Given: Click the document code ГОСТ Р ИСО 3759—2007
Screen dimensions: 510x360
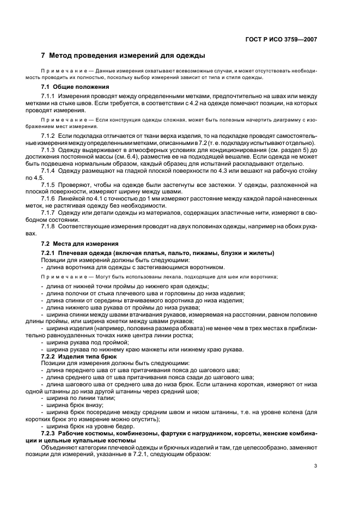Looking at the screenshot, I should point(285,39).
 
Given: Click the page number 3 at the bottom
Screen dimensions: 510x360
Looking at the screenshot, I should point(315,466).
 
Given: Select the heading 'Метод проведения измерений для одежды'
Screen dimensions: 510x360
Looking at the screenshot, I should point(127,55).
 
